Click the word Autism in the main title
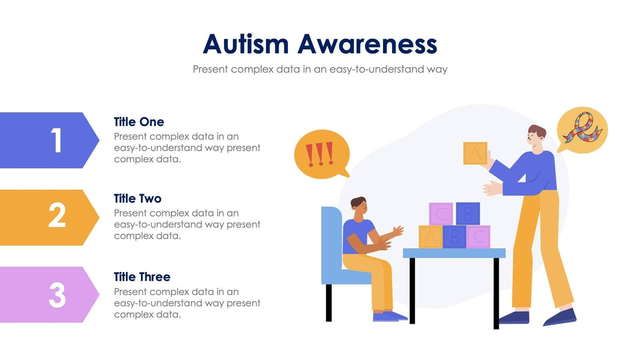[247, 44]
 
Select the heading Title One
[139, 122]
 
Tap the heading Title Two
[138, 198]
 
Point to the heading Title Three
[142, 277]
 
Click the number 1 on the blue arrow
[57, 141]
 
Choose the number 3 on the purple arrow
[57, 294]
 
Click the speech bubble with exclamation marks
[321, 154]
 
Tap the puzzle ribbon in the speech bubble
[582, 130]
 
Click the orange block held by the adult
[475, 153]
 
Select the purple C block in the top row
[441, 214]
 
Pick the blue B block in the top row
[468, 213]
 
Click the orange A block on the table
[430, 237]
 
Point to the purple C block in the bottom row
[478, 237]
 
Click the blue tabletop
[454, 253]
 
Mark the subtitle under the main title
[320, 69]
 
